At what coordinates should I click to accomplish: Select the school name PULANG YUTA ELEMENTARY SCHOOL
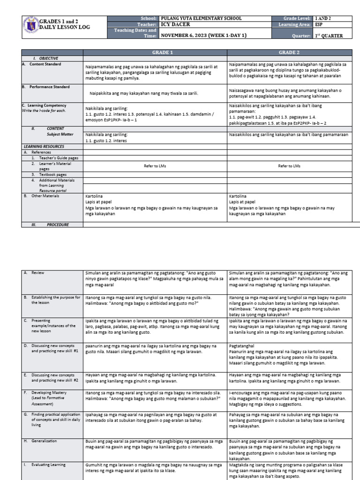click(201, 19)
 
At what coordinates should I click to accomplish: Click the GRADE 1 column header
click(155, 52)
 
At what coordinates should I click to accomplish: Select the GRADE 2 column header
click(289, 52)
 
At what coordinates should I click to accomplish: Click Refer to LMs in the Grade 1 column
click(155, 166)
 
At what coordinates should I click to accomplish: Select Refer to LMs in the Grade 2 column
click(289, 166)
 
